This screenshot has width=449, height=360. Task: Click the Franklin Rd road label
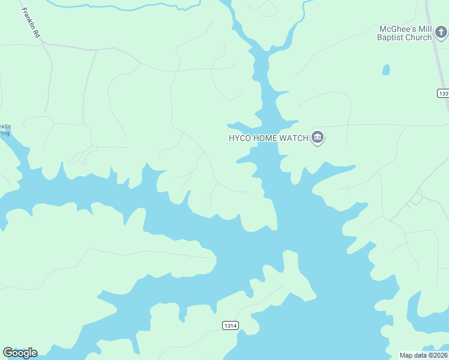(x=29, y=23)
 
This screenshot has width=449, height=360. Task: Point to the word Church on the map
(x=418, y=37)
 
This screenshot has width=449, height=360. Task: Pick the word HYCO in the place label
(x=239, y=138)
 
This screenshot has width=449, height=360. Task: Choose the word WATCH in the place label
(x=294, y=138)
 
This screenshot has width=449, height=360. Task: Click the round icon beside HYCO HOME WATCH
(x=318, y=139)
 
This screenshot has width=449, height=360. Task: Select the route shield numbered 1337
(x=443, y=94)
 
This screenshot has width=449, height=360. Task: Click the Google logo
(x=20, y=353)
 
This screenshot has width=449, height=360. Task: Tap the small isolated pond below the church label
(x=386, y=70)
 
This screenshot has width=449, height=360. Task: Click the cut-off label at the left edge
(x=5, y=130)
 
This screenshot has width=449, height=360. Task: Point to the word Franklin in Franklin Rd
(x=28, y=19)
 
